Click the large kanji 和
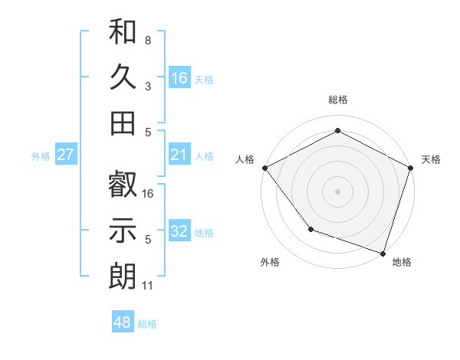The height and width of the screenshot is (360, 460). (x=123, y=33)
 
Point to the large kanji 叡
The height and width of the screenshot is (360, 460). (x=123, y=185)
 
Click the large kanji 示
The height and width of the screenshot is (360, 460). (x=123, y=230)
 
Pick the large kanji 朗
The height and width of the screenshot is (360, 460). (x=123, y=275)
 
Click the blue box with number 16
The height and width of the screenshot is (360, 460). (x=179, y=77)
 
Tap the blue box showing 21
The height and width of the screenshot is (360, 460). (x=179, y=155)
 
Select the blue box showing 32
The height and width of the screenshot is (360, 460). (x=179, y=231)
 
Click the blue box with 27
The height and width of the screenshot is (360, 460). (x=65, y=155)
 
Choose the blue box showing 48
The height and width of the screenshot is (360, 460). (x=123, y=322)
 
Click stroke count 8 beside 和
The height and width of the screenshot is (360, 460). (x=148, y=39)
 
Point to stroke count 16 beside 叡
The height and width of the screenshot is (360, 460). (x=148, y=193)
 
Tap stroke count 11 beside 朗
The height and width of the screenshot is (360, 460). (x=148, y=286)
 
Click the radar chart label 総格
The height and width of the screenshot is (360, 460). (x=337, y=100)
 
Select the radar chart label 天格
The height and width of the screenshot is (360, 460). (x=432, y=159)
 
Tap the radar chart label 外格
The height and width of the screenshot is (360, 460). (x=270, y=262)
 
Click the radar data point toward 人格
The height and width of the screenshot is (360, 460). (x=264, y=167)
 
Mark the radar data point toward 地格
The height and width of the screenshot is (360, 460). (x=382, y=252)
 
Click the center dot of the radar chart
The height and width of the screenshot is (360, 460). (x=337, y=191)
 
